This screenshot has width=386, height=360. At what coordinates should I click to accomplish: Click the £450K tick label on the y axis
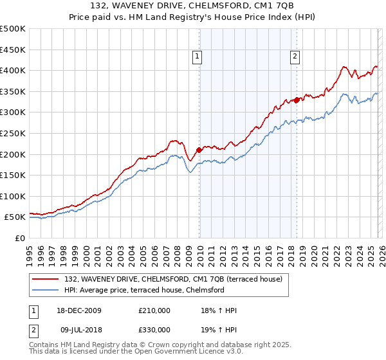coord(13,50)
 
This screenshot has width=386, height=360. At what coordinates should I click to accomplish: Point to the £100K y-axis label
coord(13,196)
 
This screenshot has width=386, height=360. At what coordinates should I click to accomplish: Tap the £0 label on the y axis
coord(21,238)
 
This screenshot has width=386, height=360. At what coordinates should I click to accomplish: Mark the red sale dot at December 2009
coord(199,150)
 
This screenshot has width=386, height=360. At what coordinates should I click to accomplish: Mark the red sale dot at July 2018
coord(297,100)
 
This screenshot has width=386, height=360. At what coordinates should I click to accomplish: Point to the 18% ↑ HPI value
coord(219,310)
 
